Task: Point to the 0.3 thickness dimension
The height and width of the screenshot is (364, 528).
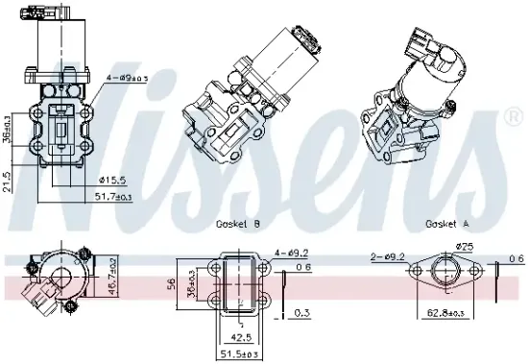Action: (302, 312)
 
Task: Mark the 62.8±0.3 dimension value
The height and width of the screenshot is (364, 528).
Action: (447, 313)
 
